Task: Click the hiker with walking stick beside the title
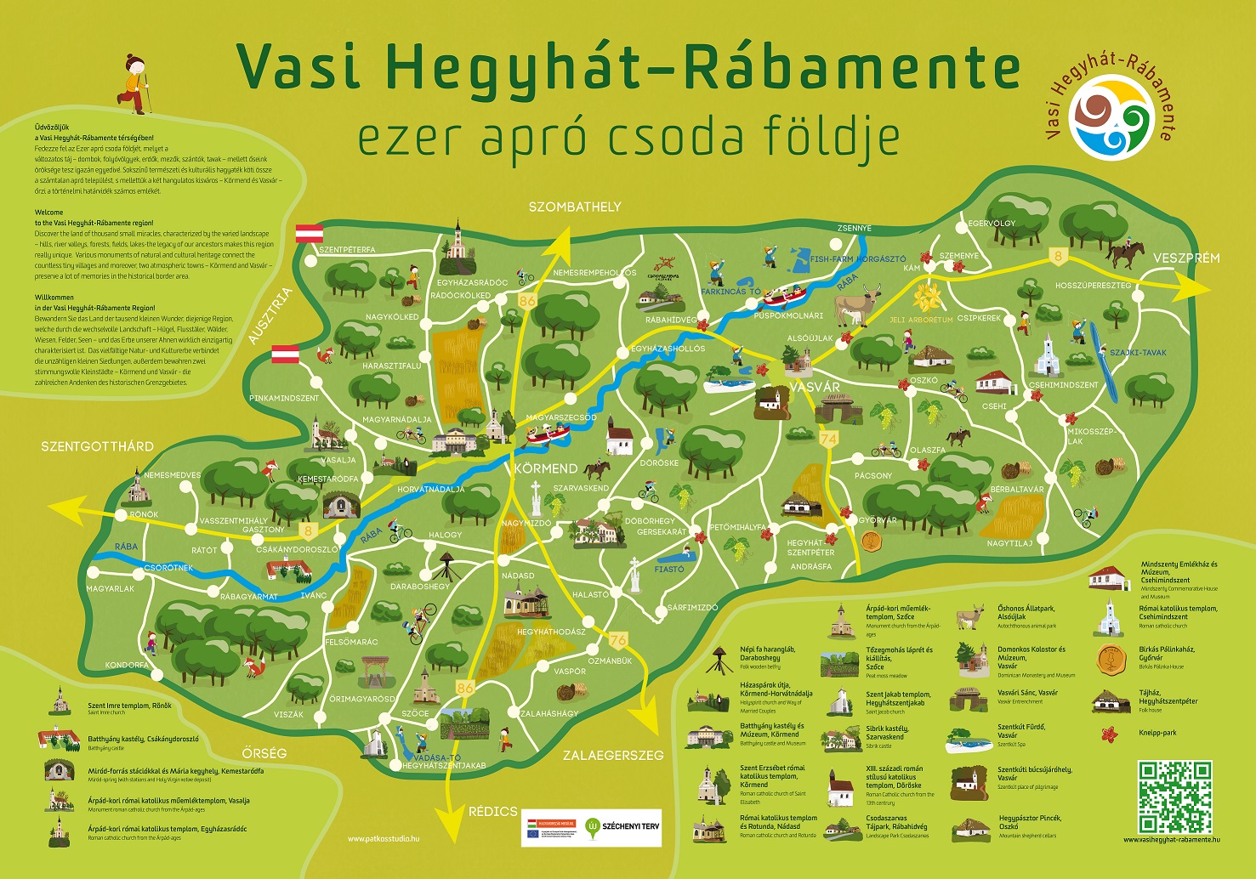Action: point(134,84)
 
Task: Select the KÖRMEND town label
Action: point(546,468)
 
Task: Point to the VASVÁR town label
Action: point(815,387)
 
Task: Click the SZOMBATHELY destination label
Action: point(575,207)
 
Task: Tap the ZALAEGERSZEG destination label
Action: point(613,755)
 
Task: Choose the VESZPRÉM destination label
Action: point(1186,258)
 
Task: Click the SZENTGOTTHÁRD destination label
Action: point(97,446)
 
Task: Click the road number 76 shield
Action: point(618,640)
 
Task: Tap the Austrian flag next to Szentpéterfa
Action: point(309,233)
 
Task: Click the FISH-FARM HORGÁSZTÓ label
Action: point(858,258)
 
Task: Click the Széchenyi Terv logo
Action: point(622,825)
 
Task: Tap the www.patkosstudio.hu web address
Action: point(384,839)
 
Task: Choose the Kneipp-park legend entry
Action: point(1157,733)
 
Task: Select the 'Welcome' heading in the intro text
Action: point(48,213)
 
